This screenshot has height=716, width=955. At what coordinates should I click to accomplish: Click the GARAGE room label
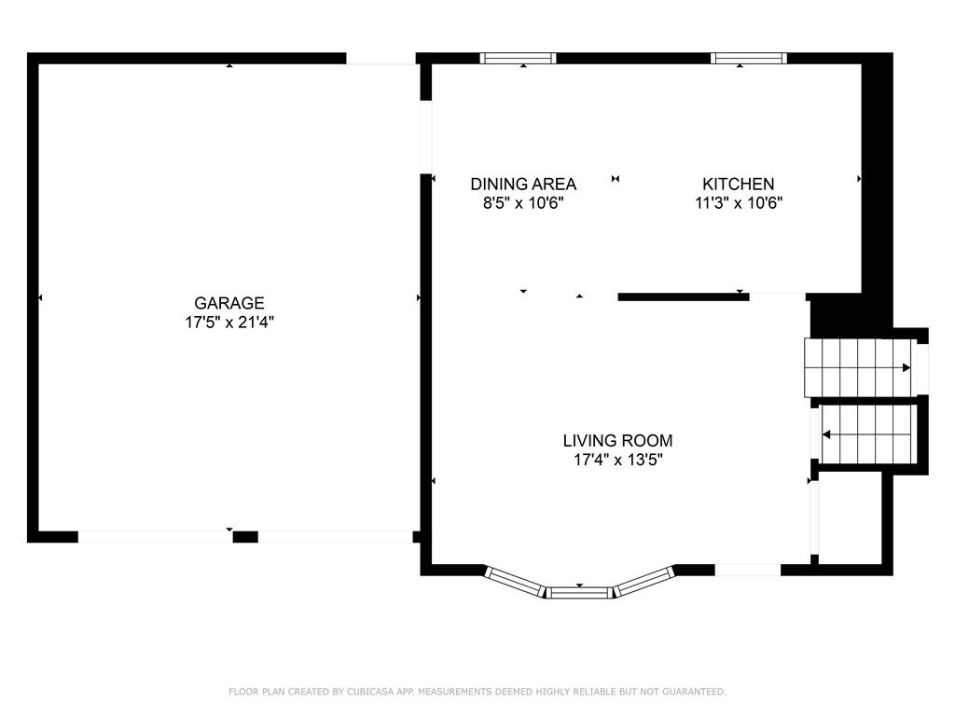[x=229, y=303]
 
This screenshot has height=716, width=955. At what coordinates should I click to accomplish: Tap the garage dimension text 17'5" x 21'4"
[x=229, y=322]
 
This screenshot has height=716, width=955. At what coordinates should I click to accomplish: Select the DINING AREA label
[x=523, y=184]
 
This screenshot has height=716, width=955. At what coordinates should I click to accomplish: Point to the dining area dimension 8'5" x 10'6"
[x=523, y=202]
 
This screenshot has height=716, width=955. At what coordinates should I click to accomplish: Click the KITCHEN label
[x=739, y=184]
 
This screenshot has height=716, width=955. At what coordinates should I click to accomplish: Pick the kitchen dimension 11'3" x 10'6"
[x=739, y=202]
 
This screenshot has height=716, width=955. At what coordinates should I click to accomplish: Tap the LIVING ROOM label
[x=617, y=440]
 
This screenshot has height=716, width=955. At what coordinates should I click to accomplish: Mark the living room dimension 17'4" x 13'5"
[x=617, y=460]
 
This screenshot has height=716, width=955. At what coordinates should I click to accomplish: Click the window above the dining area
[x=518, y=59]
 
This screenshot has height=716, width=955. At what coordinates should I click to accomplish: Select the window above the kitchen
[x=749, y=59]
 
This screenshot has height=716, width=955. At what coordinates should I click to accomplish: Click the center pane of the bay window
[x=578, y=592]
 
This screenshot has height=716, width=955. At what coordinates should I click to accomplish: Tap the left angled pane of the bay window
[x=515, y=582]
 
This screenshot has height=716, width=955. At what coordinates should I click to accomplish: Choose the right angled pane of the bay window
[x=644, y=582]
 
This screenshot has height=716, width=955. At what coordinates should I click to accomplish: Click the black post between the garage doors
[x=245, y=537]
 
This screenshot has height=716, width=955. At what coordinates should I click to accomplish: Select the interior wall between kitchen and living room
[x=684, y=297]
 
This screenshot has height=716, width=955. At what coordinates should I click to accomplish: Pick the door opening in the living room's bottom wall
[x=747, y=570]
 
